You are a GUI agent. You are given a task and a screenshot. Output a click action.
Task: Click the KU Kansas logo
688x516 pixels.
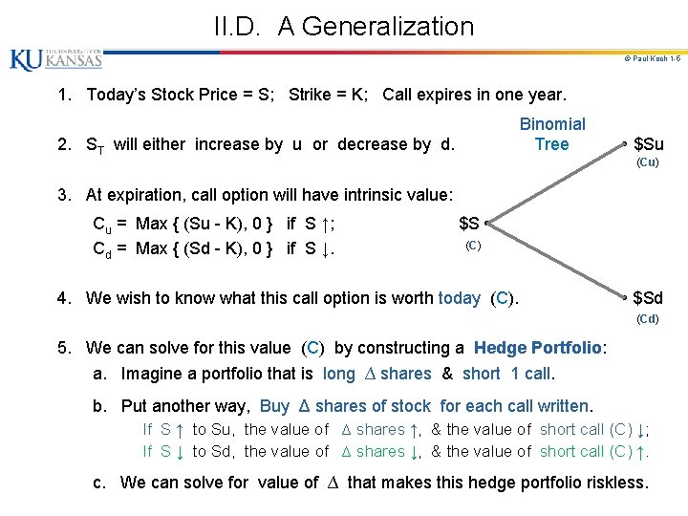[55, 59]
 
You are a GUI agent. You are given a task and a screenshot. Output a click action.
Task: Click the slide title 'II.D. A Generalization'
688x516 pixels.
[344, 26]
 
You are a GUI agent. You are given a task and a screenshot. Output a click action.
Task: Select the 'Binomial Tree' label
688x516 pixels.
[551, 134]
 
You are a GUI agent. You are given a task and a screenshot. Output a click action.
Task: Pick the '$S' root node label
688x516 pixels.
[469, 224]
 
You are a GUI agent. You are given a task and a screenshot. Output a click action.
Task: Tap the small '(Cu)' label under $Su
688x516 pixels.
[647, 162]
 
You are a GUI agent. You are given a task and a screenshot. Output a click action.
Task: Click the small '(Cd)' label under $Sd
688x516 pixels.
[647, 318]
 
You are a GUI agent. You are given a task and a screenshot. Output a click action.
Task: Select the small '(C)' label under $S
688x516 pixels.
[472, 246]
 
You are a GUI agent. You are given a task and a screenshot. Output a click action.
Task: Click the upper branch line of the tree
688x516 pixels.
[559, 183]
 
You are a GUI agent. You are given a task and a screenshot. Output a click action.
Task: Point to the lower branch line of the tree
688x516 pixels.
[559, 260]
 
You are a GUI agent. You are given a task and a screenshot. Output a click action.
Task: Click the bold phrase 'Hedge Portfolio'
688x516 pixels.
[537, 348]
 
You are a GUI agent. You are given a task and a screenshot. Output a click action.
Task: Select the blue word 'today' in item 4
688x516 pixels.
[459, 298]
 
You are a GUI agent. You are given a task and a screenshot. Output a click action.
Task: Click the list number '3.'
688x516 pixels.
[65, 195]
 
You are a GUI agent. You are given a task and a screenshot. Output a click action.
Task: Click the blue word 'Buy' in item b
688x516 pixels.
[274, 406]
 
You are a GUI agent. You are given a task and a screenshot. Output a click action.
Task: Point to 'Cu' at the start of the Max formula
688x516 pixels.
[100, 226]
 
